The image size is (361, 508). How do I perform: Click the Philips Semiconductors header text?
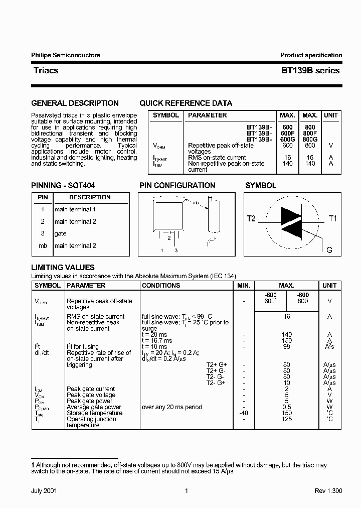65,55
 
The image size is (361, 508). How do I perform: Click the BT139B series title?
310,71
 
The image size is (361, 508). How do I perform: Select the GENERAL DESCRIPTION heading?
75,103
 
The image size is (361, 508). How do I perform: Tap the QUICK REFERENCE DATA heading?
186,103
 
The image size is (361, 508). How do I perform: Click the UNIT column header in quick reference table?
330,115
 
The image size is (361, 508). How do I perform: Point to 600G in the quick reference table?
287,140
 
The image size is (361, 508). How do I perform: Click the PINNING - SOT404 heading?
63,185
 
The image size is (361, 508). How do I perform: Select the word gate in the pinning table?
60,233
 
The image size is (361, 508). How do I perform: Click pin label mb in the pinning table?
43,245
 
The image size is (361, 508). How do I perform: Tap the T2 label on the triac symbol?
251,218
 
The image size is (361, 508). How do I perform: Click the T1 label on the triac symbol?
333,218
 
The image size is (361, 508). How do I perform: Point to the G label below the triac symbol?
329,249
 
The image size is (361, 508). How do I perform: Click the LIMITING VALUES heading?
63,268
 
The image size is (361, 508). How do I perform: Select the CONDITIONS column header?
161,285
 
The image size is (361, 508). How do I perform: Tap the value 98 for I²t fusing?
286,347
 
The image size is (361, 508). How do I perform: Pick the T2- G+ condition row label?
216,383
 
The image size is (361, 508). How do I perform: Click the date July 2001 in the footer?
44,491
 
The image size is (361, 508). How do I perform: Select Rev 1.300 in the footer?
328,491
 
